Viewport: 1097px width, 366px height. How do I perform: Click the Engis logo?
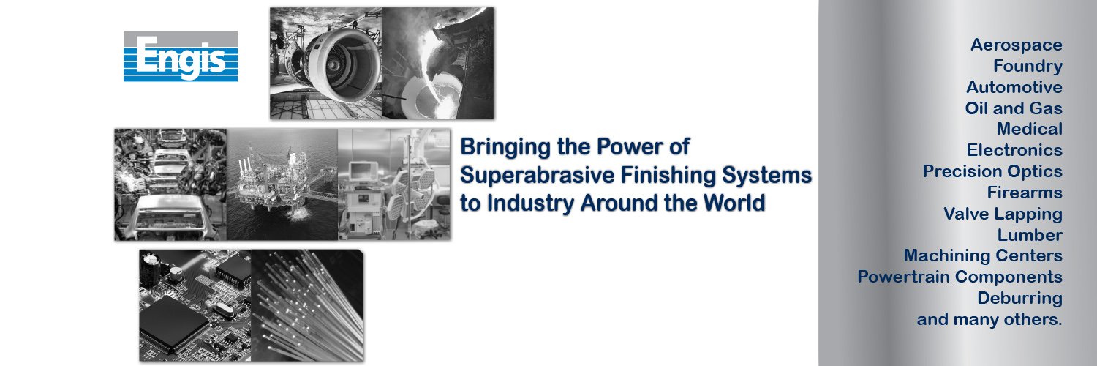click(x=180, y=56)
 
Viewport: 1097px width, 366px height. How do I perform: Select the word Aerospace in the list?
click(x=1017, y=45)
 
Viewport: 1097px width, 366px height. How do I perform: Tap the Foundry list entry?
click(x=1028, y=66)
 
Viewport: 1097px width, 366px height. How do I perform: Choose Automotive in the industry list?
click(x=1014, y=87)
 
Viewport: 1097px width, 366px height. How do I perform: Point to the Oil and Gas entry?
click(x=1014, y=108)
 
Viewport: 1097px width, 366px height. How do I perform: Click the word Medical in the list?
click(x=1030, y=129)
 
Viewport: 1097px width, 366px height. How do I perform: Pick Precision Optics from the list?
click(x=992, y=171)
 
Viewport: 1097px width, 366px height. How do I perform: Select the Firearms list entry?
click(x=1025, y=193)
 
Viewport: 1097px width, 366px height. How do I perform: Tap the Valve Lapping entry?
click(x=1003, y=214)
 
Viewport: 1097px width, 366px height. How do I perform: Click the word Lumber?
click(x=1030, y=235)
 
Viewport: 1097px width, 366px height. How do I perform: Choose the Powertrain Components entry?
click(x=960, y=277)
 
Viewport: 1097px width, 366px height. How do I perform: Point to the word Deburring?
click(x=1020, y=299)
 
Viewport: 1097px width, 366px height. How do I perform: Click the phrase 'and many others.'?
click(x=989, y=319)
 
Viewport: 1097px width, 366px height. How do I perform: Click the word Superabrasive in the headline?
click(x=538, y=176)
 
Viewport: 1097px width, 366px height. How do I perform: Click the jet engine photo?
click(x=326, y=63)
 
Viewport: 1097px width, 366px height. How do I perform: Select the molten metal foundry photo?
click(x=438, y=63)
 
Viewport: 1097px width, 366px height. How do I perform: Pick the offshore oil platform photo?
click(x=282, y=184)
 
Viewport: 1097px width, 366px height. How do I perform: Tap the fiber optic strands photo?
click(x=308, y=305)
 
